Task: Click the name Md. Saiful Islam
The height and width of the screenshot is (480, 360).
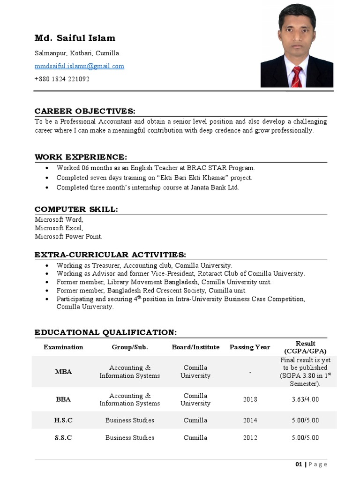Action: [75, 38]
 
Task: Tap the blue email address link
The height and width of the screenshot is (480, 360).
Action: [79, 66]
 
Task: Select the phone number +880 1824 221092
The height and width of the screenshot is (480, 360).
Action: [62, 79]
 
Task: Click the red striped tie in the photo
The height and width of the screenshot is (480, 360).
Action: [296, 76]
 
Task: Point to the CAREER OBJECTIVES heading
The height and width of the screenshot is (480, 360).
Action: [85, 111]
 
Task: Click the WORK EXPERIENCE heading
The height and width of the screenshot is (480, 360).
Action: [81, 157]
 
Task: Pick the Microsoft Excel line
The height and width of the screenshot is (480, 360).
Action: [59, 228]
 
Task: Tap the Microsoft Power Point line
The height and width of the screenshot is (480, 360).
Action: [68, 236]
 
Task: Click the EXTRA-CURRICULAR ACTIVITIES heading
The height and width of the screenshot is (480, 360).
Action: [110, 255]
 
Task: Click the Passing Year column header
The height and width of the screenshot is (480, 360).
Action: [250, 347]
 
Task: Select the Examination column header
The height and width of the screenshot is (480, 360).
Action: [63, 347]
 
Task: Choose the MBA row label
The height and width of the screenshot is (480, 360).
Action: [63, 372]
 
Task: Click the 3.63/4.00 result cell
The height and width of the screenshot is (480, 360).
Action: [305, 399]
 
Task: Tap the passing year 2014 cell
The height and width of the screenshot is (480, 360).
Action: [250, 420]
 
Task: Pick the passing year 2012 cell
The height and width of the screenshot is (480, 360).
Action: [250, 437]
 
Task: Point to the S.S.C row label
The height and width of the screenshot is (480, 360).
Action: [63, 437]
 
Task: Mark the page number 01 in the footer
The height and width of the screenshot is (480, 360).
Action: [299, 464]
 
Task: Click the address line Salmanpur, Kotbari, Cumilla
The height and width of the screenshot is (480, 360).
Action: [77, 53]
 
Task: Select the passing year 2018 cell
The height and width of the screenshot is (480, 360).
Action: [250, 399]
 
